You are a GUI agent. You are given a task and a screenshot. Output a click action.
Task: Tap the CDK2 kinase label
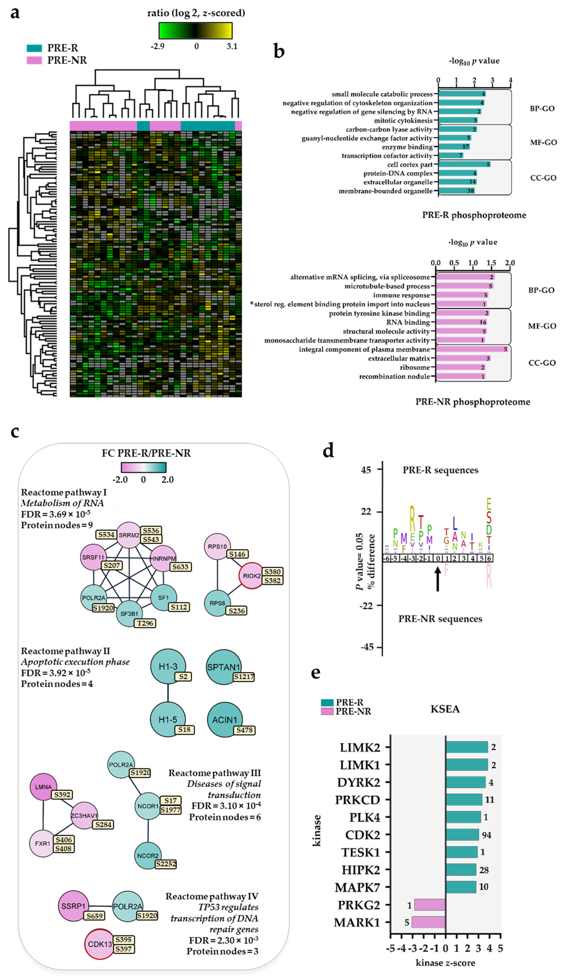pyautogui.click(x=362, y=835)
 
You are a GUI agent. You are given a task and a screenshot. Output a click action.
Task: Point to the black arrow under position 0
pyautogui.click(x=438, y=579)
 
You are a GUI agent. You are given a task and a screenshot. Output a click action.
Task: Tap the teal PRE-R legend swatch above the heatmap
pyautogui.click(x=34, y=48)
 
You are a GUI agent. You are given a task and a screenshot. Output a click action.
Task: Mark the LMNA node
pyautogui.click(x=43, y=787)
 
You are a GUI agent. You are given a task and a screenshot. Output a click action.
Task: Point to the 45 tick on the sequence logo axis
pyautogui.click(x=366, y=470)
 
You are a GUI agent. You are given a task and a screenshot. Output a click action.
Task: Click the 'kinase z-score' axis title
pyautogui.click(x=445, y=963)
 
